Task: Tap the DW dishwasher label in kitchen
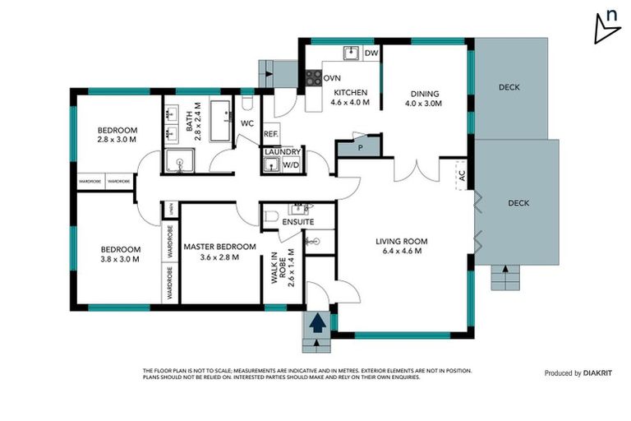(x=371, y=54)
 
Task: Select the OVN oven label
(x=332, y=78)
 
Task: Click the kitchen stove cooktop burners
(x=314, y=78)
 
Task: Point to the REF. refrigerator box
(x=270, y=134)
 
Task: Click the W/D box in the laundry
(x=291, y=165)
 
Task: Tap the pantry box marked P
(x=358, y=147)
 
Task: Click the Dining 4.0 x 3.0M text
(x=423, y=99)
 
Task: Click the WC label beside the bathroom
(x=246, y=123)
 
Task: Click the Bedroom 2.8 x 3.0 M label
(x=117, y=135)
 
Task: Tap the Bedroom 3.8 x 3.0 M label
(x=121, y=254)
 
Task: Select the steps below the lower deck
(x=506, y=279)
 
